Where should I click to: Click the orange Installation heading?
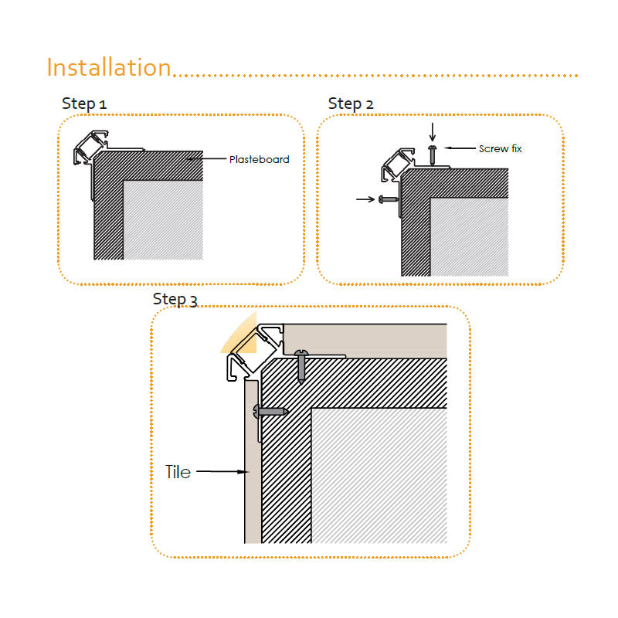coord(109,67)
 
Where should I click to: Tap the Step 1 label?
coord(84,104)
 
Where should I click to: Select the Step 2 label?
coord(351,104)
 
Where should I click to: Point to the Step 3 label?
coord(175,299)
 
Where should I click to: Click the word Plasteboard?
coord(259,159)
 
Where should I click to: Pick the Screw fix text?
coord(500,148)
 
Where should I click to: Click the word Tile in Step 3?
coord(178,472)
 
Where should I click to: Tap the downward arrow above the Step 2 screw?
coord(433,132)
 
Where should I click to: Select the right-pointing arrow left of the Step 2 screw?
coord(365,199)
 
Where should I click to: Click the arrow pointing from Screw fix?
coord(460,148)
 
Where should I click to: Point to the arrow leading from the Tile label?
coord(222,471)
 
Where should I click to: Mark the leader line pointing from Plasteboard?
coord(206,159)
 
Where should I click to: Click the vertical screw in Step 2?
coord(433,155)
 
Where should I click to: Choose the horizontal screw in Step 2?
coord(389,199)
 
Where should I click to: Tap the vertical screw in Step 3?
coord(301,366)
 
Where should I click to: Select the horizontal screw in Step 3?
coord(271,412)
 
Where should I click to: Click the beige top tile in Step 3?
coord(365,341)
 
